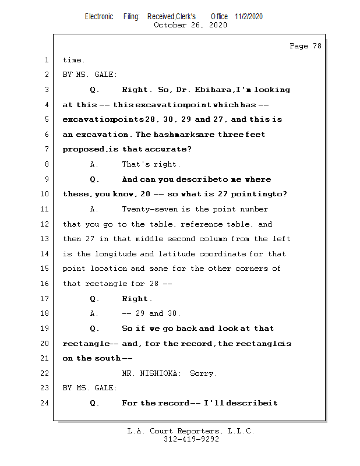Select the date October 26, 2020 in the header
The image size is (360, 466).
[x=190, y=25]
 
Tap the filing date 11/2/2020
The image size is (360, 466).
[x=249, y=16]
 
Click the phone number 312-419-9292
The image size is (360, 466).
[x=191, y=439]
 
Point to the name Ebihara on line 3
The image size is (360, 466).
[x=216, y=90]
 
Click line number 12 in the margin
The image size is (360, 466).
[x=46, y=224]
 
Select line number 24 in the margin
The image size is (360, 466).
[x=46, y=403]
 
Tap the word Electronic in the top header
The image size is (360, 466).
[x=99, y=16]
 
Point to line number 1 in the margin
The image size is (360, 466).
[x=46, y=60]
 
